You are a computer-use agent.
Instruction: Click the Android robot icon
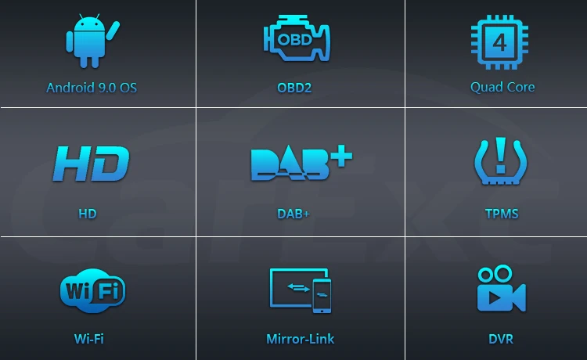pos(89,41)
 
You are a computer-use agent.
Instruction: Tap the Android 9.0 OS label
pos(92,87)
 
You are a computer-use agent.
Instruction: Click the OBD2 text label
pos(294,87)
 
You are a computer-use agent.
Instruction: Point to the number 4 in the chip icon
pos(499,40)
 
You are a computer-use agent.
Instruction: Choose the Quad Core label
pos(502,87)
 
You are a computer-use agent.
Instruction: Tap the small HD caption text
pos(87,213)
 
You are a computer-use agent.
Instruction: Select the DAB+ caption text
pos(293,213)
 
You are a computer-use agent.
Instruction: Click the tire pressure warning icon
pos(501,162)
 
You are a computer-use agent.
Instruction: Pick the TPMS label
pos(502,213)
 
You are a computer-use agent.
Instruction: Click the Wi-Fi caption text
pos(88,339)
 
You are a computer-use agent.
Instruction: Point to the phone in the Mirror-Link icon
pos(321,295)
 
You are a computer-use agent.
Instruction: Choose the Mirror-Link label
pos(300,339)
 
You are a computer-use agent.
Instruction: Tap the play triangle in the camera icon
pos(496,298)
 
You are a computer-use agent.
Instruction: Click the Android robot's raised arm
pos(113,31)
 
